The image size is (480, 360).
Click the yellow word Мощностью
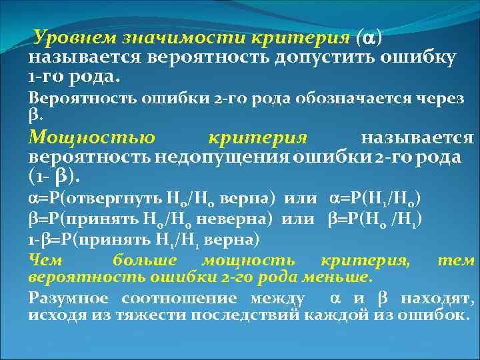tap(92, 138)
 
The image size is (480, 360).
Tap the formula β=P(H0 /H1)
tap(377, 219)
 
